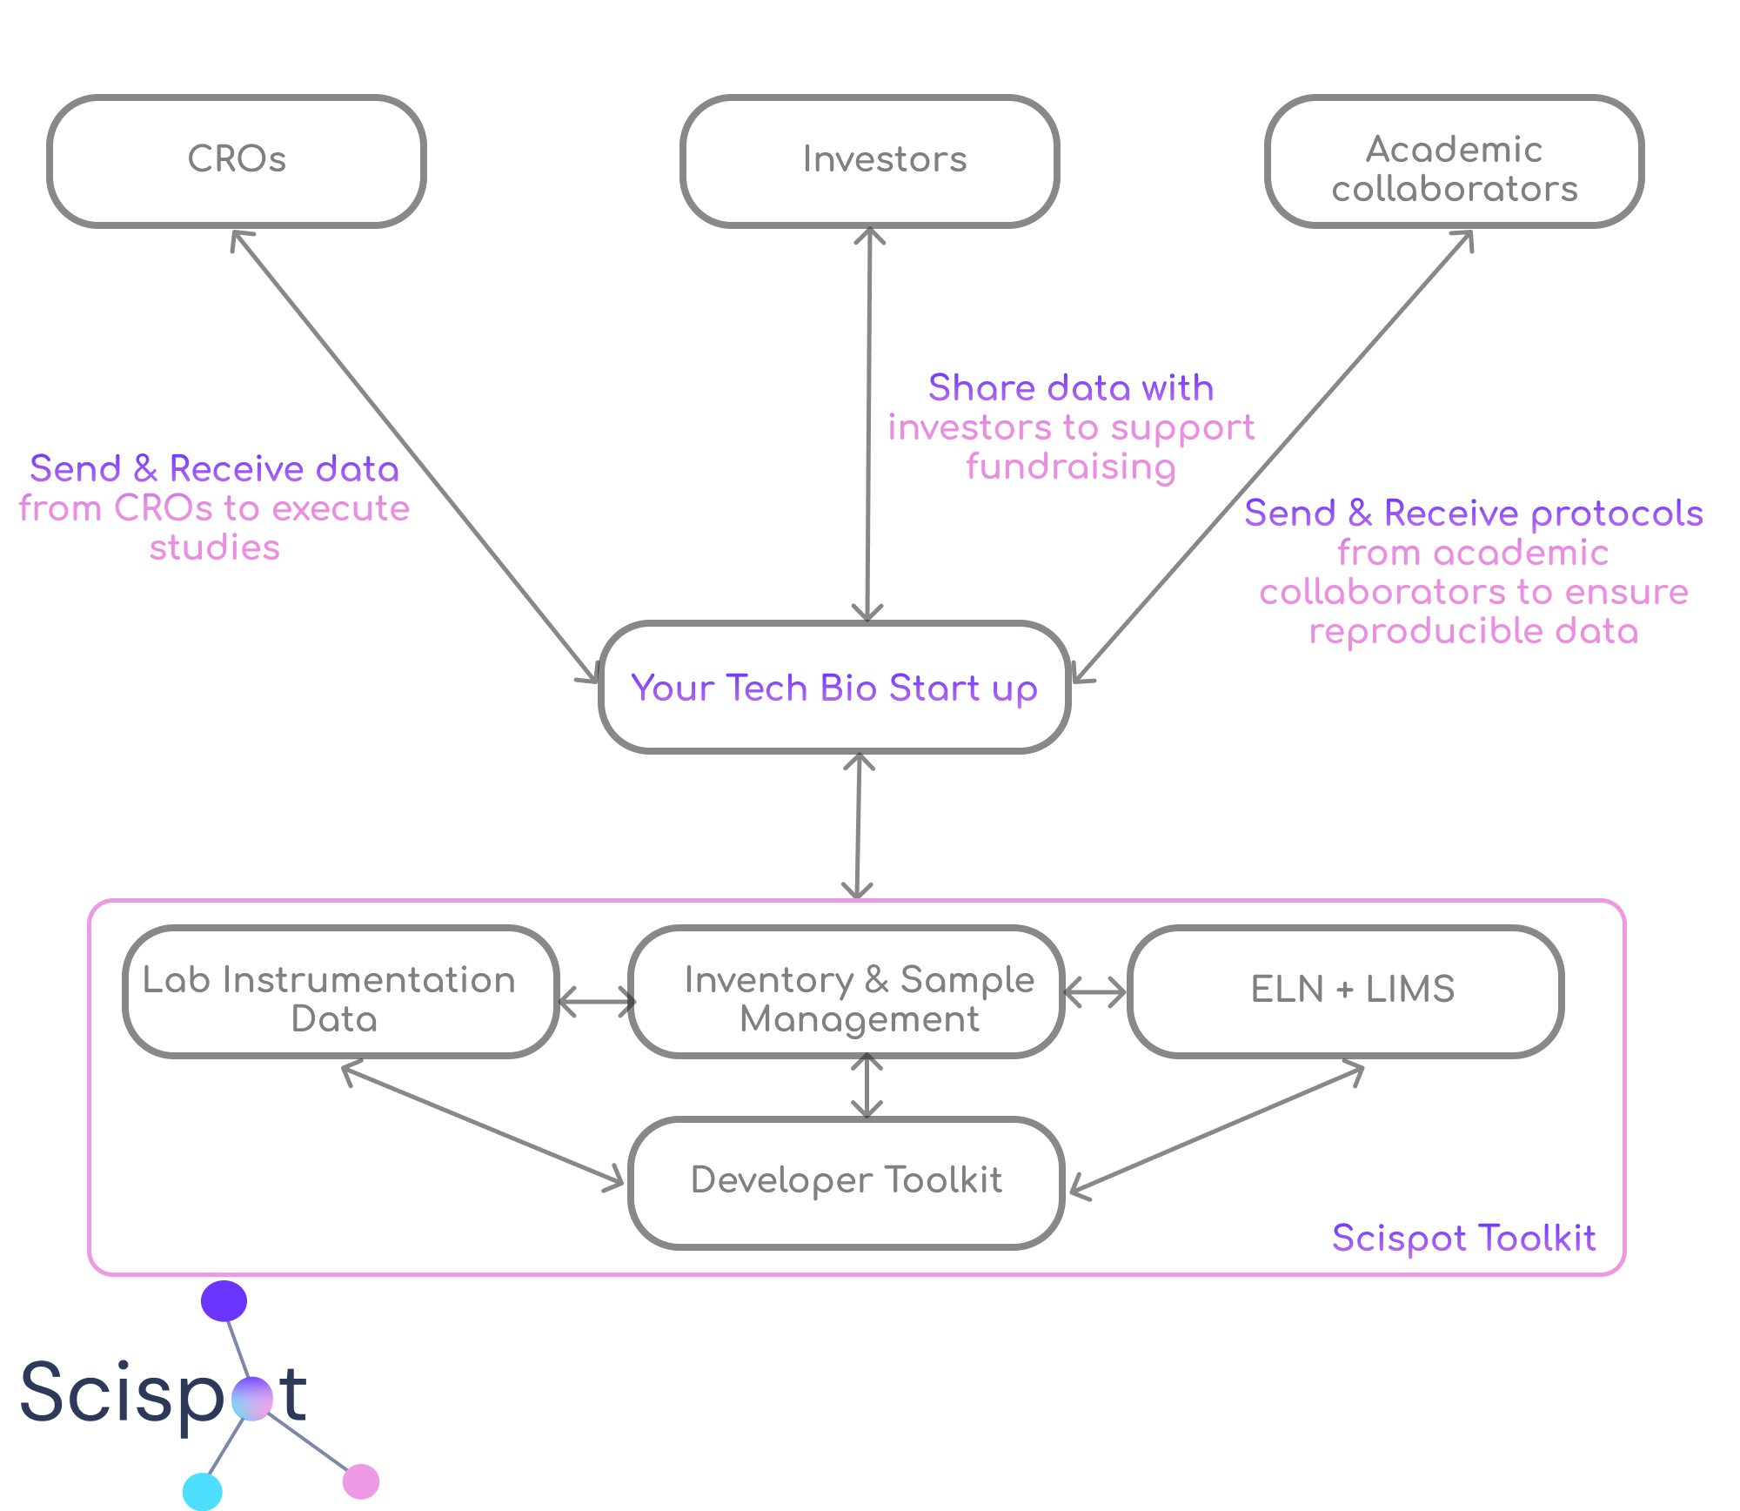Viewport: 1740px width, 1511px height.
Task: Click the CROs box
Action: (237, 160)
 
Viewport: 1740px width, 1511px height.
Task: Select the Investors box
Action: (870, 160)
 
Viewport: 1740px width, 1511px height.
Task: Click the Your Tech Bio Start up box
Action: (833, 688)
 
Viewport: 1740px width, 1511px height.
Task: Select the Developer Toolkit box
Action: (847, 1180)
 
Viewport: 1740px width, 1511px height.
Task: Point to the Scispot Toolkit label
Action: (1463, 1238)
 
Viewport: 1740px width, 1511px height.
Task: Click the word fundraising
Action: (1071, 467)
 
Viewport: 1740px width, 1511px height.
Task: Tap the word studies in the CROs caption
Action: (215, 548)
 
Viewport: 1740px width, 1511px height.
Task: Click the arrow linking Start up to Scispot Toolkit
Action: (859, 825)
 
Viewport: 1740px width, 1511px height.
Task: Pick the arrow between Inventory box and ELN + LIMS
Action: (1095, 992)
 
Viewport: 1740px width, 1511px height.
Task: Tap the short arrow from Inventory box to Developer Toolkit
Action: (867, 1086)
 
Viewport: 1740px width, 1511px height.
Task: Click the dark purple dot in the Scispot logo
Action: (224, 1300)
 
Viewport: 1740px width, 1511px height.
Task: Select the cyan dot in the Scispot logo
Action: (203, 1491)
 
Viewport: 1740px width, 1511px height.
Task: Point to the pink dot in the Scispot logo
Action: (361, 1481)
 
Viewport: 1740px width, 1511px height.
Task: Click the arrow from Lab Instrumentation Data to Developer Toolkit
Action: (483, 1124)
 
